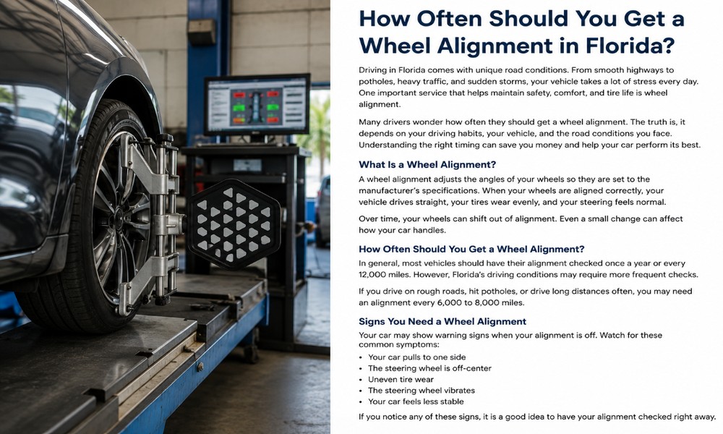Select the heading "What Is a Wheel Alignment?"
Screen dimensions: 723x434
click(x=427, y=165)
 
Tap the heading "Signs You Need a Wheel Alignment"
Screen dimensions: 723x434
click(x=442, y=321)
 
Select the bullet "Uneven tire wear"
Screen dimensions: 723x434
click(x=401, y=380)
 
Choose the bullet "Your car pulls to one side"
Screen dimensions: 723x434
click(x=411, y=357)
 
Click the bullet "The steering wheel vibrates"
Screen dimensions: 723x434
click(x=422, y=391)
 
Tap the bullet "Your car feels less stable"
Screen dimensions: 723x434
click(x=416, y=401)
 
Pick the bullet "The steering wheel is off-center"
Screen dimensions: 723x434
click(x=429, y=368)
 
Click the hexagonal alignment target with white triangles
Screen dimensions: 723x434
click(x=234, y=225)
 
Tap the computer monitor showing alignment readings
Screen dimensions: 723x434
click(x=257, y=104)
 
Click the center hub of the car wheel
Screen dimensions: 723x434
click(x=119, y=217)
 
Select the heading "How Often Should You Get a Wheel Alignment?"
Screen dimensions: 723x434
click(x=471, y=249)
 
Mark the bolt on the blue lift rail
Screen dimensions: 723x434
click(x=200, y=367)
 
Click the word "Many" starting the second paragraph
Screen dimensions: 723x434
click(x=369, y=122)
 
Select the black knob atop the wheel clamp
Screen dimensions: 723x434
click(x=165, y=138)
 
